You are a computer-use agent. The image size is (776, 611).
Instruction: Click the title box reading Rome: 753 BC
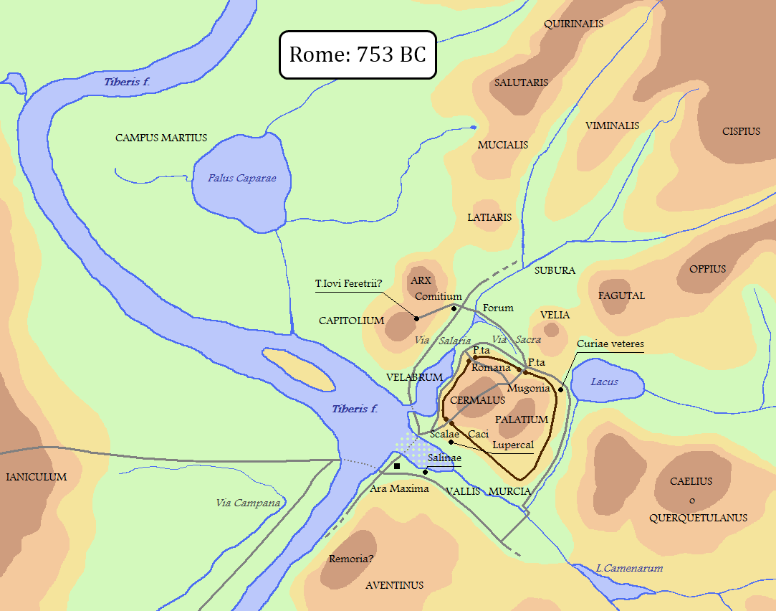pyautogui.click(x=357, y=55)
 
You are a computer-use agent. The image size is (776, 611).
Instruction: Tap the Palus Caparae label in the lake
pyautogui.click(x=241, y=178)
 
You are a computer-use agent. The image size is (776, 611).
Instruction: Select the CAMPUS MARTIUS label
pyautogui.click(x=161, y=138)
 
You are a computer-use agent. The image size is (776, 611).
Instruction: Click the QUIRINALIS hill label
pyautogui.click(x=573, y=24)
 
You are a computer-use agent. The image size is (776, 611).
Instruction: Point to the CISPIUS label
pyautogui.click(x=741, y=131)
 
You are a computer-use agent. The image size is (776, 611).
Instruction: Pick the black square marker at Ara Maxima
pyautogui.click(x=398, y=466)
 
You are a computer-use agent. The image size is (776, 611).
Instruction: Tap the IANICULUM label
pyautogui.click(x=36, y=477)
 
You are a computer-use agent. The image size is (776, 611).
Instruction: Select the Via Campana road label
pyautogui.click(x=248, y=503)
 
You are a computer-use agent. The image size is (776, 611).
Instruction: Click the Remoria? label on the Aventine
pyautogui.click(x=351, y=559)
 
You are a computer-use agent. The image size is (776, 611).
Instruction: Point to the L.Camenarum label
pyautogui.click(x=629, y=568)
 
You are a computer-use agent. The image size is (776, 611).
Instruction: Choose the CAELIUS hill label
pyautogui.click(x=691, y=481)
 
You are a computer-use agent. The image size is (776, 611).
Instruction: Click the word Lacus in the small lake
pyautogui.click(x=604, y=382)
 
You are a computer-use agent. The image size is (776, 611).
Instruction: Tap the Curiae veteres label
pyautogui.click(x=610, y=344)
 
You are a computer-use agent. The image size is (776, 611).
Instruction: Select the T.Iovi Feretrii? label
pyautogui.click(x=349, y=283)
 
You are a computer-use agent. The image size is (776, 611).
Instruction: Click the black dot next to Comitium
pyautogui.click(x=454, y=308)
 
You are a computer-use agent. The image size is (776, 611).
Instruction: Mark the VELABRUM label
pyautogui.click(x=414, y=377)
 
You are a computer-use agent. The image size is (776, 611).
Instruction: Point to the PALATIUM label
pyautogui.click(x=521, y=420)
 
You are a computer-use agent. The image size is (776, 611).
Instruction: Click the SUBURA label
pyautogui.click(x=555, y=270)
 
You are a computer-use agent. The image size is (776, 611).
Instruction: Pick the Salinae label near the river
pyautogui.click(x=444, y=458)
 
